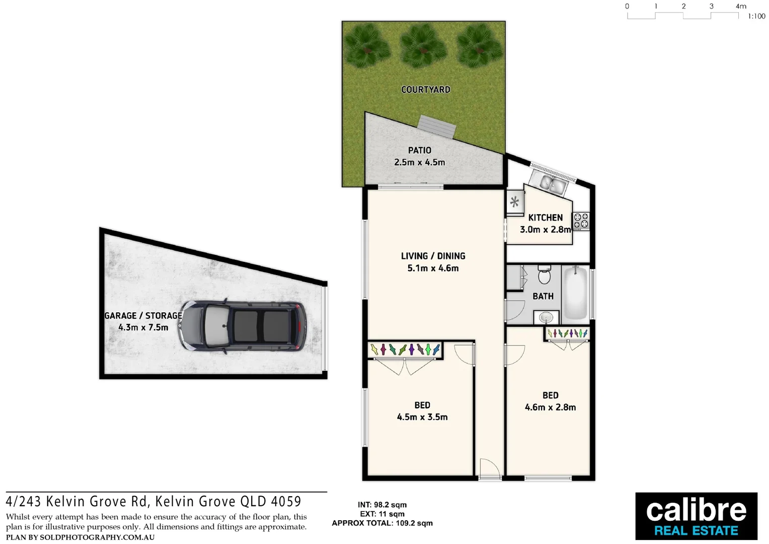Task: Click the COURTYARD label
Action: [426, 90]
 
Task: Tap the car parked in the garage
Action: [244, 325]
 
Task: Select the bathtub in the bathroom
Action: [575, 294]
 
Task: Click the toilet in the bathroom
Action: [545, 275]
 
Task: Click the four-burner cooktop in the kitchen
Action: [581, 221]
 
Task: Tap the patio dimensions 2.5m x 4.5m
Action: [419, 162]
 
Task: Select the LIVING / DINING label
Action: [433, 256]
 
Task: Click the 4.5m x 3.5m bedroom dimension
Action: [422, 417]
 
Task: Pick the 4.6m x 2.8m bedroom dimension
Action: [550, 407]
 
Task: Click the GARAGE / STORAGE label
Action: [143, 316]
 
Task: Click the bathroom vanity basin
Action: [546, 317]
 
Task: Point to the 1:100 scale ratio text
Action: [756, 17]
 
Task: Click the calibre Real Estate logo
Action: [696, 516]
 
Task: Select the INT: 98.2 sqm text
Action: [382, 505]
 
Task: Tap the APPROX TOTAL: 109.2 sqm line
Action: [382, 523]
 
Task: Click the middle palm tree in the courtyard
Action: [423, 45]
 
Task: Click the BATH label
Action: [543, 296]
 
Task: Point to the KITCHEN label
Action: [545, 218]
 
